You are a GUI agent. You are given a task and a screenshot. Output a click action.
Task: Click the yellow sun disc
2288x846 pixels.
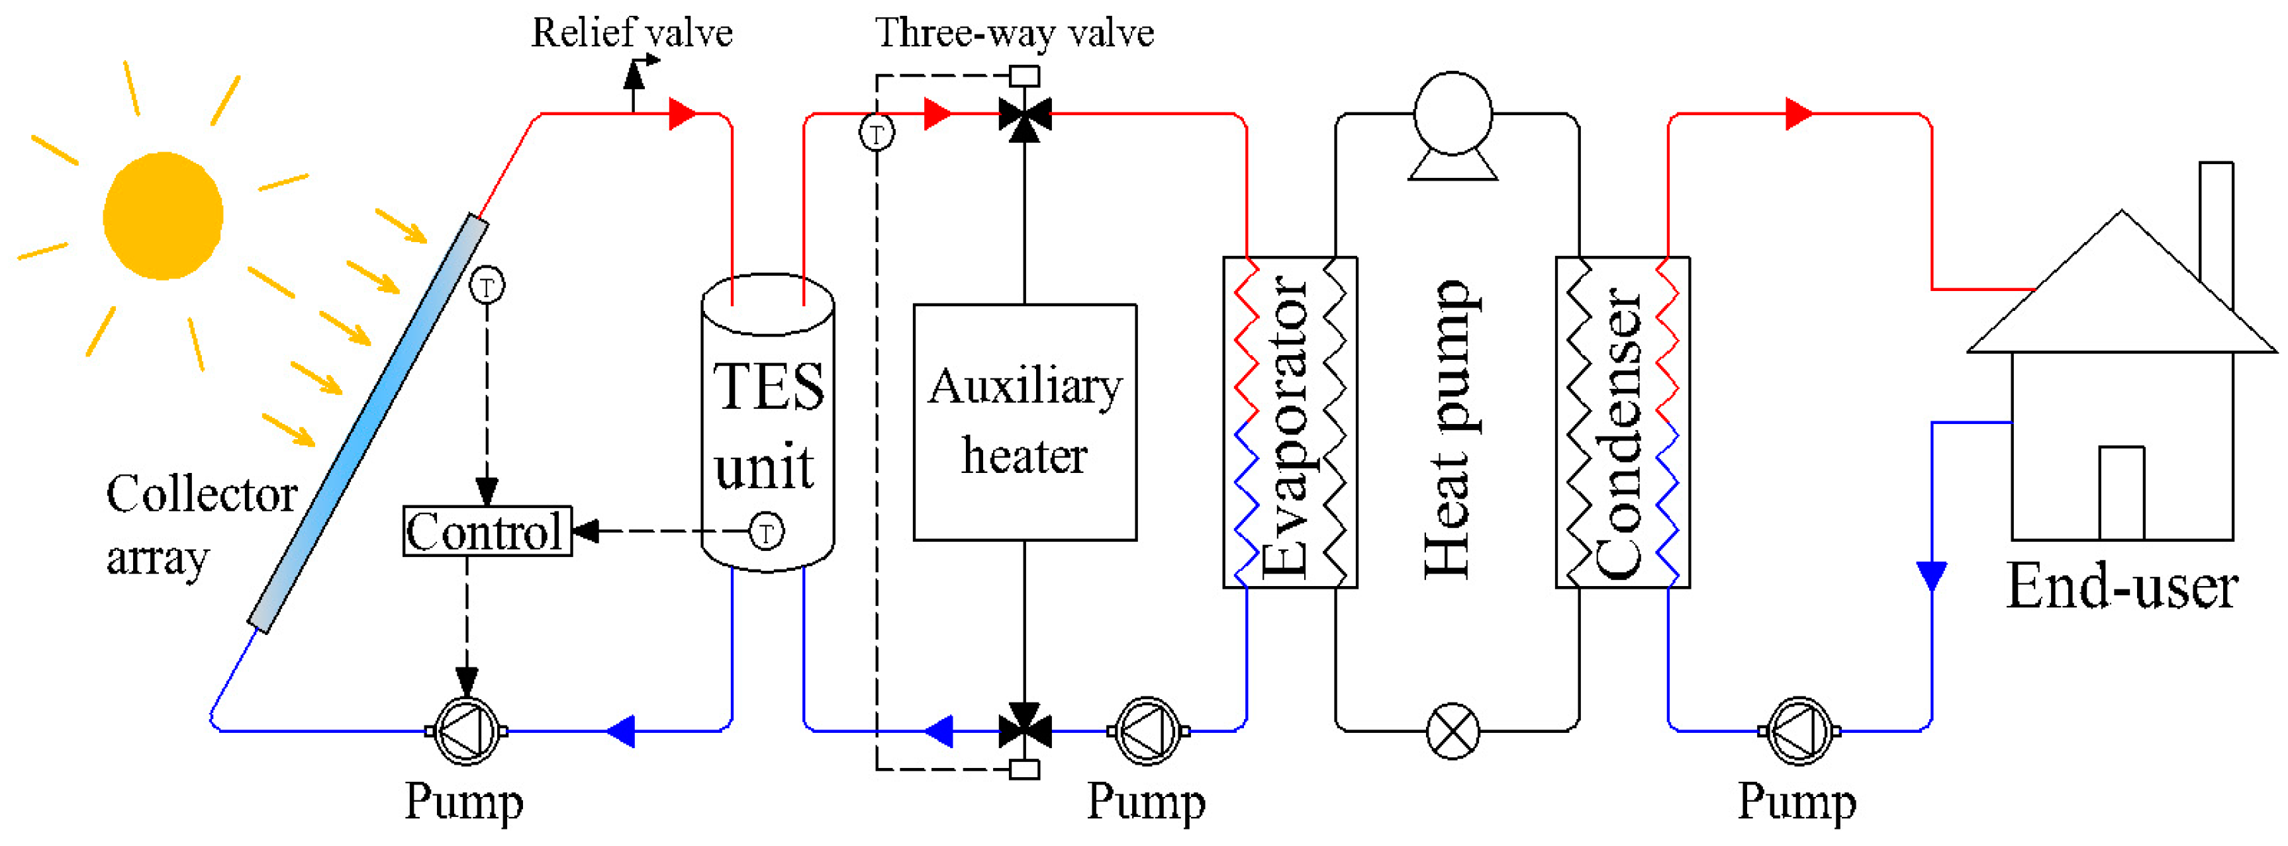(x=163, y=216)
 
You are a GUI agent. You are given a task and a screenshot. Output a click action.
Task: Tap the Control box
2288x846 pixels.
(x=487, y=532)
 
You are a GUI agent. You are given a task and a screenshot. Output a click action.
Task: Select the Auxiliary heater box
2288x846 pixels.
(x=1025, y=421)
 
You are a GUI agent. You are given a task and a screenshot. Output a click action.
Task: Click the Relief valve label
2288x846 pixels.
(x=632, y=33)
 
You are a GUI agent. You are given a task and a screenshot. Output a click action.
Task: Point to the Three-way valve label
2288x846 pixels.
(x=1014, y=33)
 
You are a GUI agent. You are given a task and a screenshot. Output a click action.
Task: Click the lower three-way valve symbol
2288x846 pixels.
(x=1025, y=731)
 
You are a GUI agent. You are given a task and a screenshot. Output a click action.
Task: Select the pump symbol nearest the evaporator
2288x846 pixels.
(x=1147, y=731)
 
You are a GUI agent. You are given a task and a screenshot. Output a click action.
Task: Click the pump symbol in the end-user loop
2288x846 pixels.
(x=1799, y=731)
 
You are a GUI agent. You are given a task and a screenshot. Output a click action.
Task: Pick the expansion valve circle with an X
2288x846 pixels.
(x=1453, y=731)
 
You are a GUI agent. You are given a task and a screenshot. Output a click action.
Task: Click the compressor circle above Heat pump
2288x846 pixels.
(x=1453, y=114)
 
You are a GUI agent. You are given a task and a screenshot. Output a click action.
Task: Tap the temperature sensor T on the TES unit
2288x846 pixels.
(x=767, y=532)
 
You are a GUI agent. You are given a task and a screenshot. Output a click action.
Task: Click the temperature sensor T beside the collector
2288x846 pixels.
(x=487, y=286)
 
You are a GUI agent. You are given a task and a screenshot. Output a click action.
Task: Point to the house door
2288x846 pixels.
(x=2121, y=493)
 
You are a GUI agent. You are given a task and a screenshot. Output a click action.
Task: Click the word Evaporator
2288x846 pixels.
(x=1284, y=426)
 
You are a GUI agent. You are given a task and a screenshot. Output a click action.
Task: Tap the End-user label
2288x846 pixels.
(x=2121, y=587)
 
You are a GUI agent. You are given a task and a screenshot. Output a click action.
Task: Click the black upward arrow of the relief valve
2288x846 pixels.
(x=634, y=78)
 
